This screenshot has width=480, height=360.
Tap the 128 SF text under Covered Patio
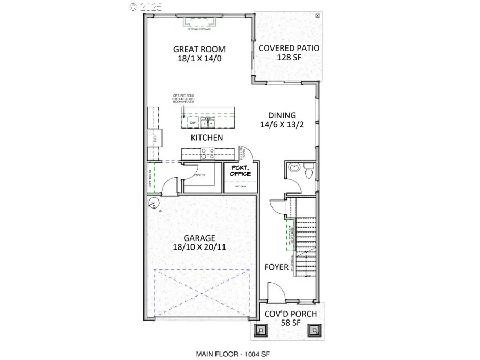[x=289, y=58]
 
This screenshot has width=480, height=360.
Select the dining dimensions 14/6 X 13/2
[x=282, y=125]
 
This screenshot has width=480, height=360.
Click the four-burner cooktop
[x=207, y=154]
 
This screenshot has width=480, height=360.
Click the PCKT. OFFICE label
[x=237, y=171]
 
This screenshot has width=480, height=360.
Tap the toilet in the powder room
[x=307, y=172]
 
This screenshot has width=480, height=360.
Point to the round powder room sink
[x=292, y=169]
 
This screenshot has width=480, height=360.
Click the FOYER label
[x=276, y=267]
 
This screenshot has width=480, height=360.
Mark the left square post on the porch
[x=260, y=330]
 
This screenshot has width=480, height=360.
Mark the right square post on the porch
[x=313, y=330]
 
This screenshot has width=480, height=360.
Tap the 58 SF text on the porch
[x=291, y=323]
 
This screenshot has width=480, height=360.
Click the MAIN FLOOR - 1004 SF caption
[x=235, y=354]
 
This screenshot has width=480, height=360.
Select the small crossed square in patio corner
[x=318, y=16]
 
